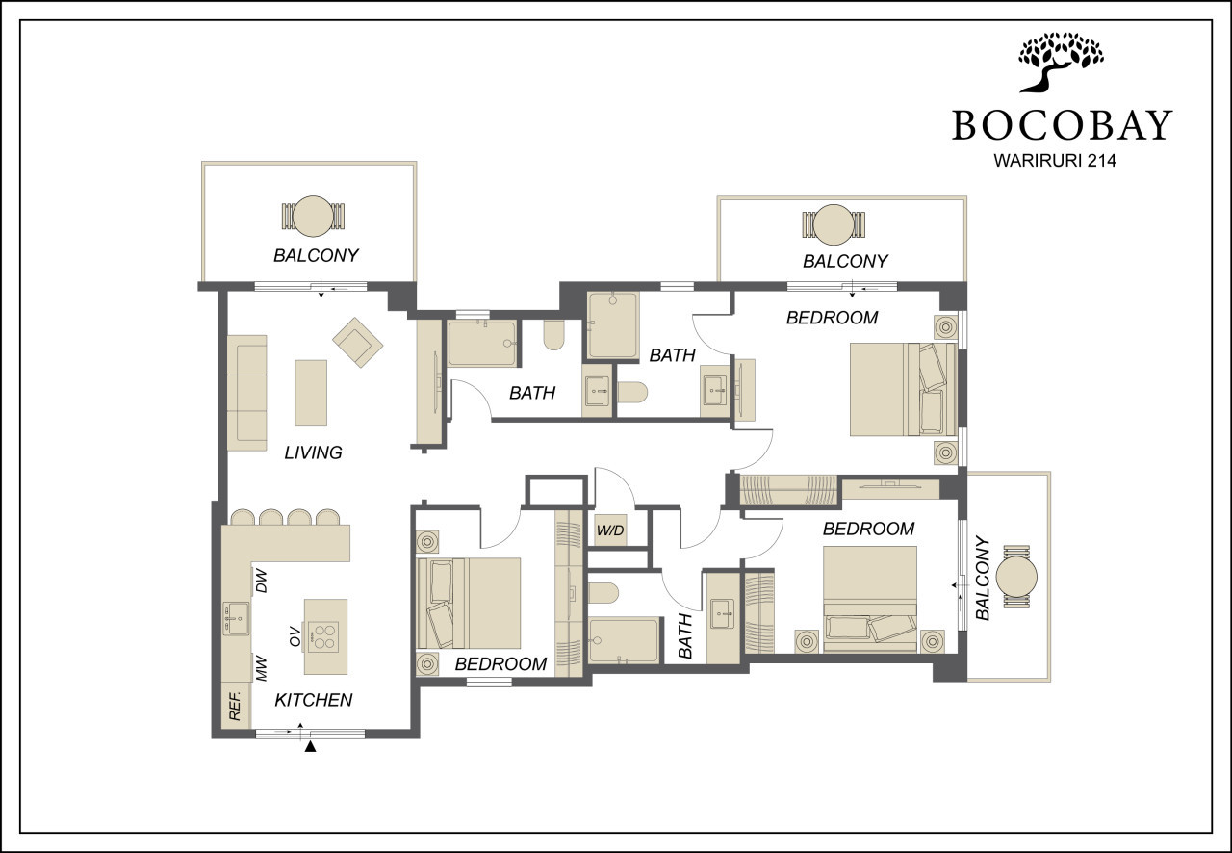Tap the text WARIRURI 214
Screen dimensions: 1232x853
(x=1055, y=160)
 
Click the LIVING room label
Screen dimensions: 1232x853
(x=313, y=452)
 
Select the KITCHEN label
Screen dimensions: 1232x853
(x=314, y=700)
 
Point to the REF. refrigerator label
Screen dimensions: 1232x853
(x=235, y=706)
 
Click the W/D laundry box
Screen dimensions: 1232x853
(x=610, y=530)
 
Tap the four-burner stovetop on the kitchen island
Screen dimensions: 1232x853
(x=322, y=636)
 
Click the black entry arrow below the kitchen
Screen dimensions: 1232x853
(x=311, y=747)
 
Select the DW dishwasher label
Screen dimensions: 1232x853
(x=261, y=582)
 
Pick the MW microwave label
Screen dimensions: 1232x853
(x=261, y=669)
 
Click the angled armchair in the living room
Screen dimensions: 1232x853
(x=357, y=343)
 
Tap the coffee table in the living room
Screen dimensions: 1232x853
(x=311, y=393)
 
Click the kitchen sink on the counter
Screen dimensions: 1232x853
(x=236, y=619)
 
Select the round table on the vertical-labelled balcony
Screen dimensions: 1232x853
(x=1016, y=576)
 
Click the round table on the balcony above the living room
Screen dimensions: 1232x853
(x=313, y=217)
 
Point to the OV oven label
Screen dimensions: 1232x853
(x=295, y=636)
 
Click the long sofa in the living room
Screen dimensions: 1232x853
(x=247, y=394)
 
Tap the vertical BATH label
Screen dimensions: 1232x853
(x=685, y=636)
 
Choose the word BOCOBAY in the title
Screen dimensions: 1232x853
(x=1062, y=125)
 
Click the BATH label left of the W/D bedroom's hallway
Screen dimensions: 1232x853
(x=532, y=393)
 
